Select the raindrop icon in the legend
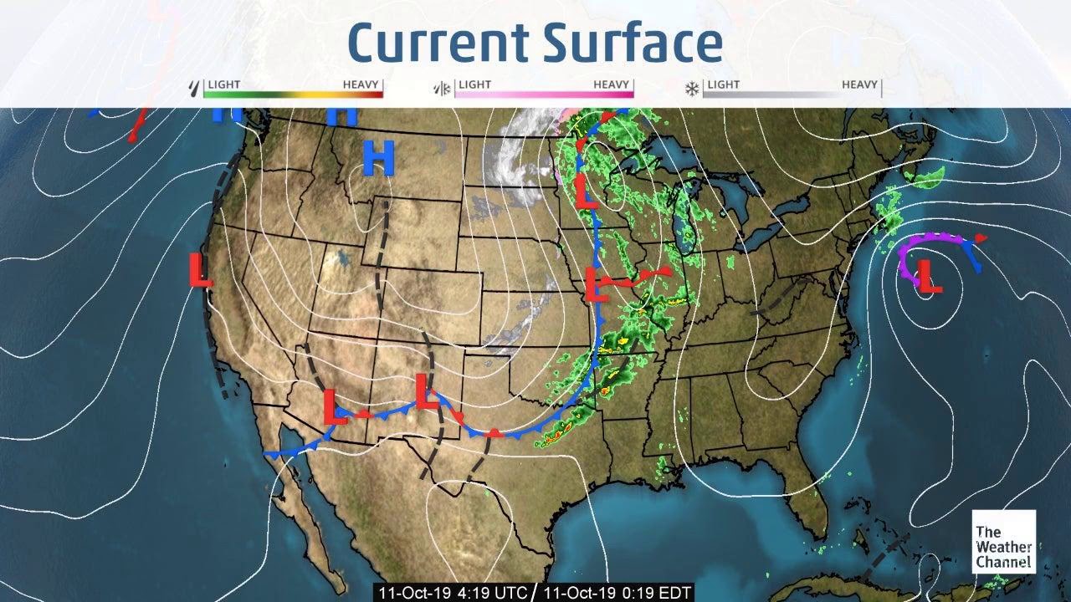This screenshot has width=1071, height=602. click(196, 87)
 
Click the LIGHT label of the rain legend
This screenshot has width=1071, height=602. click(224, 84)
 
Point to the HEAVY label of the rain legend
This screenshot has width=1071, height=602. click(361, 84)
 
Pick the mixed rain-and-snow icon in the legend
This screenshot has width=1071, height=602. click(441, 87)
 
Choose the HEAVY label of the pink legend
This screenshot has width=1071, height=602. click(612, 84)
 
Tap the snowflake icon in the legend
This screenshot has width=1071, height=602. click(693, 87)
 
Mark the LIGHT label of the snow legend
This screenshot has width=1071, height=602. click(723, 84)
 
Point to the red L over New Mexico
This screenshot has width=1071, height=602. click(427, 390)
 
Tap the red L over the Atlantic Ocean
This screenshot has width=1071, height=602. click(929, 277)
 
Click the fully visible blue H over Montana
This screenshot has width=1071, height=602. click(378, 157)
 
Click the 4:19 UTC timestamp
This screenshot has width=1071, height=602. click(451, 593)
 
